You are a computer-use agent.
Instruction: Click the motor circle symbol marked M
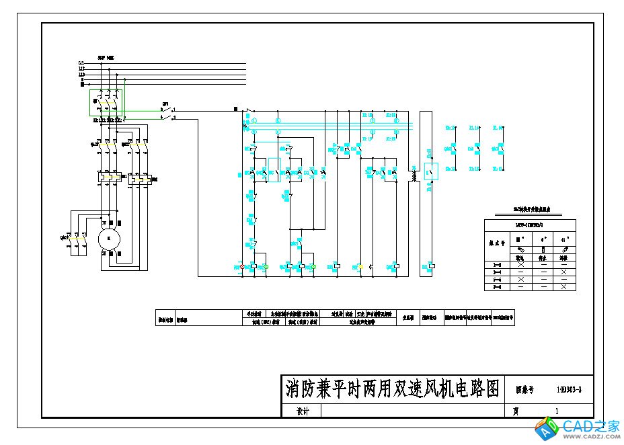tap(107, 238)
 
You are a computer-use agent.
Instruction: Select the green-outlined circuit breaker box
tap(106, 103)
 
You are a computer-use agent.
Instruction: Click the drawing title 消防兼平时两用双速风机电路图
tap(393, 389)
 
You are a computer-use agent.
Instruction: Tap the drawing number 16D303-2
tap(570, 389)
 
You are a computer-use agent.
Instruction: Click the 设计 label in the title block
tap(303, 411)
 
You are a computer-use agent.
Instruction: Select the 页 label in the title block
tap(516, 411)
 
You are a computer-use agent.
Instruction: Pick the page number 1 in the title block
tap(557, 411)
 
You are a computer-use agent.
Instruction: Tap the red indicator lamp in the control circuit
tap(243, 267)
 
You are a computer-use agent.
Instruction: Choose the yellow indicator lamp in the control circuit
tap(360, 267)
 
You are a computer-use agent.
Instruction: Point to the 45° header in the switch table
tap(564, 239)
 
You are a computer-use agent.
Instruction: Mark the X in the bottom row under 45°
tap(564, 287)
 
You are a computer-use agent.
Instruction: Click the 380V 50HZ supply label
tap(106, 58)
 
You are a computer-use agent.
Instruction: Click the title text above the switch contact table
tap(530, 210)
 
